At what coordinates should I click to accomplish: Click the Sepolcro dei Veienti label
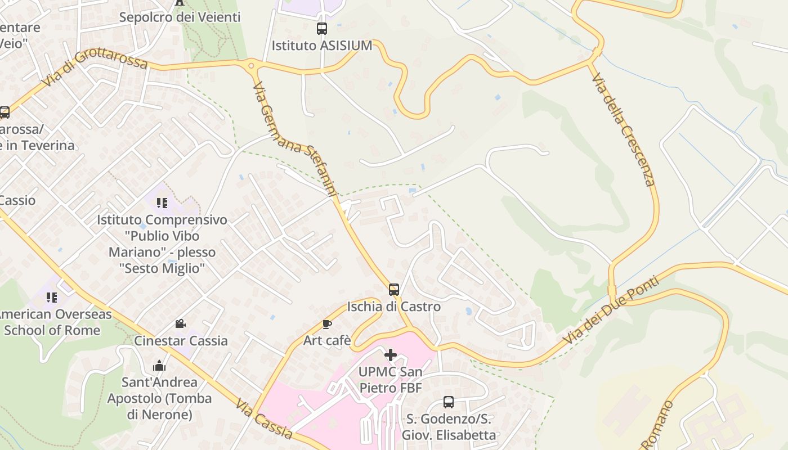(180, 17)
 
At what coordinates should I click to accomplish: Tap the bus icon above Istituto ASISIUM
(322, 29)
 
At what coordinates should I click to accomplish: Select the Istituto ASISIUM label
(322, 46)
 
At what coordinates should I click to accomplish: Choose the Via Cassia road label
(265, 419)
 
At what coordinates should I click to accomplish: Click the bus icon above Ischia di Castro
(394, 290)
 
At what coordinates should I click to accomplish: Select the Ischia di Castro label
(394, 307)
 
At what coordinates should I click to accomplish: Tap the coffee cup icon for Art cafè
(326, 324)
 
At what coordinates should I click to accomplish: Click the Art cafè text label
(327, 340)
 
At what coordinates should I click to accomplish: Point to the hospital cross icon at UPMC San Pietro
(390, 355)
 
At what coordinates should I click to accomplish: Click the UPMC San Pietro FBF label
(390, 380)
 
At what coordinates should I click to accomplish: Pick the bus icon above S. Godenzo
(449, 402)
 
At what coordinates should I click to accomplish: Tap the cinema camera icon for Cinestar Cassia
(180, 324)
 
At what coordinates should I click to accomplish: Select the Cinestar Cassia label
(181, 340)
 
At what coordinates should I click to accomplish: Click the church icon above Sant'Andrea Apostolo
(159, 366)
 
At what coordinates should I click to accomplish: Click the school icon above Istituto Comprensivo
(162, 203)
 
